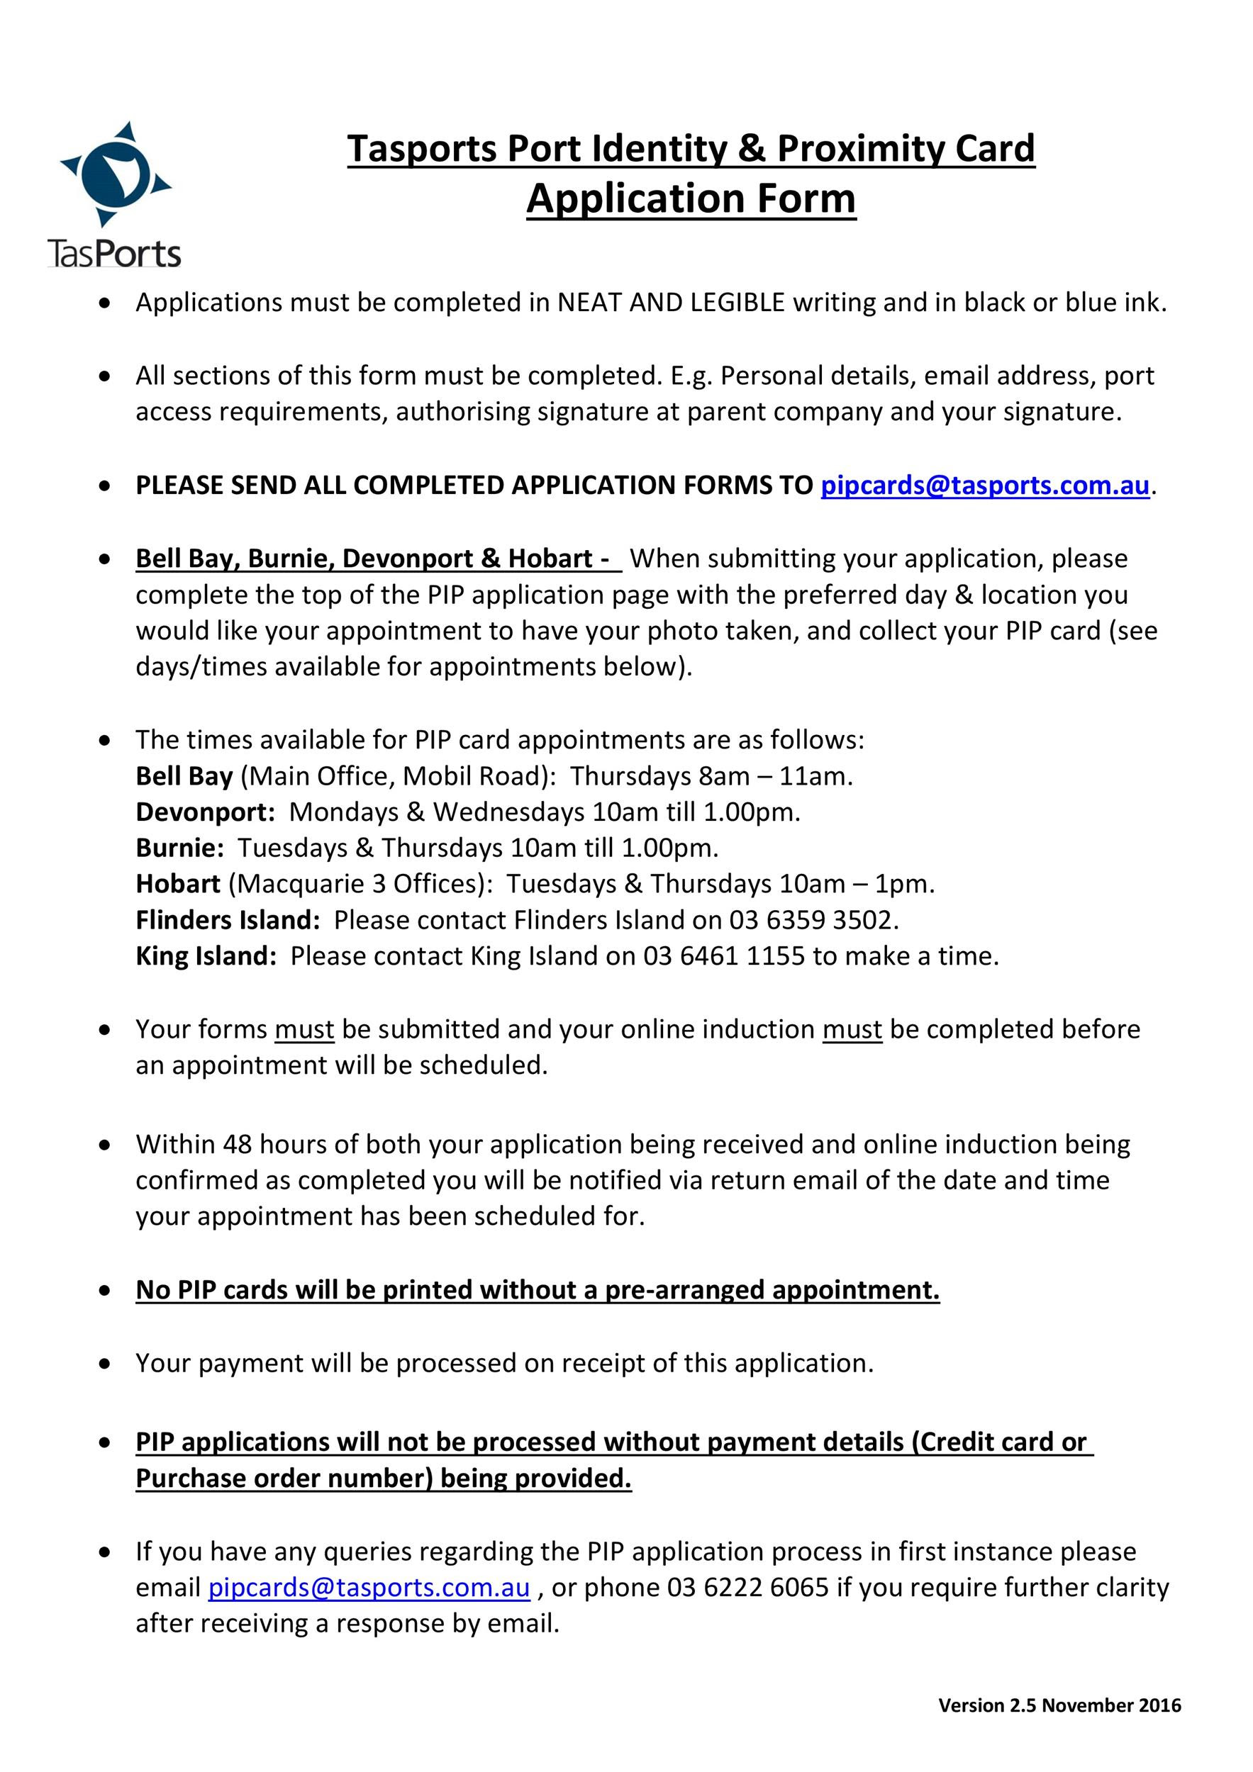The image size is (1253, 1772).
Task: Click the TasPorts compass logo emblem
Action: (115, 174)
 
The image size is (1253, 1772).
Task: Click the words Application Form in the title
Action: (691, 198)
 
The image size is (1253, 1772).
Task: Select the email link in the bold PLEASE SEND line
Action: (984, 486)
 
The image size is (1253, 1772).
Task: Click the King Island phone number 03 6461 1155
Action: (724, 956)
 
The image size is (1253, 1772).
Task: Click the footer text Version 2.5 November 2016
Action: (1059, 1705)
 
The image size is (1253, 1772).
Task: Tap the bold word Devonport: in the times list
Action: (206, 812)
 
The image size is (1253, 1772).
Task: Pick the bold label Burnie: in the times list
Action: (180, 848)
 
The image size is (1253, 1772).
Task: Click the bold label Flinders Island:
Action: (228, 920)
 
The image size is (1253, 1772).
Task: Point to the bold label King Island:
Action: (206, 956)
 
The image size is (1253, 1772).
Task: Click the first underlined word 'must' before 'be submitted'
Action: (304, 1030)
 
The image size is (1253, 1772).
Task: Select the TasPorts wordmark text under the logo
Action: (114, 254)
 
